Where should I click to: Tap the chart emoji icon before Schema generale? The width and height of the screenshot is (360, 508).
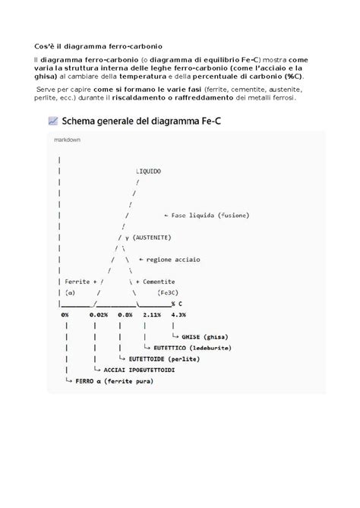(52, 120)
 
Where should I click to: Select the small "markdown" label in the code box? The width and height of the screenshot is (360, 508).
(68, 140)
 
